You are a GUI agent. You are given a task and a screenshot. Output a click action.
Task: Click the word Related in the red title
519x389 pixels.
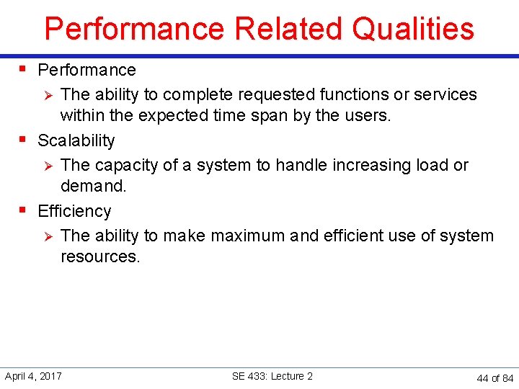[x=288, y=29]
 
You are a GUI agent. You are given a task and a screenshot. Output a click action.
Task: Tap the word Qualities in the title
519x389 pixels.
[x=413, y=29]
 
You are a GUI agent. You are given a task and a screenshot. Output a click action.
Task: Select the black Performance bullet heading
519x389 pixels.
[x=86, y=70]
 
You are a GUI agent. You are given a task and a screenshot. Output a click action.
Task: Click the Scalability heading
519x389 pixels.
[x=76, y=140]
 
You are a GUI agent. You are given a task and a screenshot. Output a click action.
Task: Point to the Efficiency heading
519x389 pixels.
[x=74, y=211]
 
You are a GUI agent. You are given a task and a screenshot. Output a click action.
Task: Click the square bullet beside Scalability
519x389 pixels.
[x=23, y=140]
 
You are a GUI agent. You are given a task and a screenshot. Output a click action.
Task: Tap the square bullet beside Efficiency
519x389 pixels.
[x=23, y=210]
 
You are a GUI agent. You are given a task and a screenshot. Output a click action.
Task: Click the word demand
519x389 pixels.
[x=93, y=186]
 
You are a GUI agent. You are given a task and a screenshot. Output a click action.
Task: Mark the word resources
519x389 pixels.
[x=99, y=256]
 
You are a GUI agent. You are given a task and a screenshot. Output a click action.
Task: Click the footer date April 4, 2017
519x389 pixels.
[x=33, y=376]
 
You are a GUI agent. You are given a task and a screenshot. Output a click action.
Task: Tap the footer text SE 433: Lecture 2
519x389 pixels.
[x=272, y=376]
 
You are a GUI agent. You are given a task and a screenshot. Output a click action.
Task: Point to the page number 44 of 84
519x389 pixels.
[x=495, y=378]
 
